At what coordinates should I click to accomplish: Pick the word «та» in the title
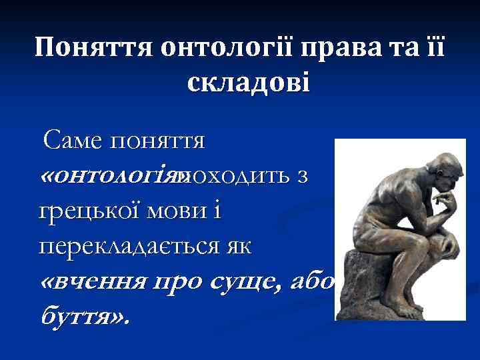(399, 48)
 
